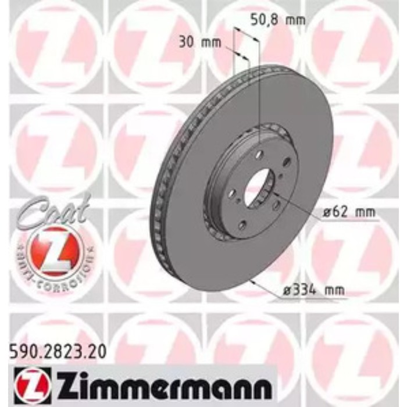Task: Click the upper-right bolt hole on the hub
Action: [x=286, y=162]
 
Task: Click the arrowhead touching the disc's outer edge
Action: [x=252, y=281]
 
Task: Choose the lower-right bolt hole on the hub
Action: [x=276, y=205]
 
